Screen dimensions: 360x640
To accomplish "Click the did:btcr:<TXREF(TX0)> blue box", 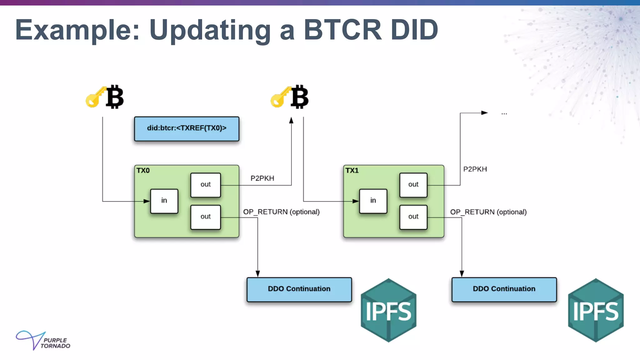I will tap(187, 128).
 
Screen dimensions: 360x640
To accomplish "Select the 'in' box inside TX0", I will tap(164, 201).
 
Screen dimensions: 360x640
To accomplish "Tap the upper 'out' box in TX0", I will tap(205, 185).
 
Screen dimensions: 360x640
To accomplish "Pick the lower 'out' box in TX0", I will tap(205, 217).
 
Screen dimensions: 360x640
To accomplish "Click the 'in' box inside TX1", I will tap(373, 201).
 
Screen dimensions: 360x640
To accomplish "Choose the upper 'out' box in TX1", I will tap(413, 185).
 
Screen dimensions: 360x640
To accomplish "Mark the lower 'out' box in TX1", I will tap(413, 217).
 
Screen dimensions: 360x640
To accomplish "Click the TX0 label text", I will tap(143, 171).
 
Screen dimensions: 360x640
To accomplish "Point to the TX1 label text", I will tap(352, 171).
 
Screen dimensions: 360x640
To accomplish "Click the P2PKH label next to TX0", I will tap(262, 178).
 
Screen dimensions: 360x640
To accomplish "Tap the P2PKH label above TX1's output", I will tap(475, 169).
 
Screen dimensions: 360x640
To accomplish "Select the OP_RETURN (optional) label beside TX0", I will tap(281, 212).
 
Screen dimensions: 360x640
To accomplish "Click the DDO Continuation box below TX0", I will tap(299, 289).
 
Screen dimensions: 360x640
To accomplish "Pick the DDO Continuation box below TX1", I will tap(504, 289).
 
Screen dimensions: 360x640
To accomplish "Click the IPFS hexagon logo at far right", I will tap(596, 310).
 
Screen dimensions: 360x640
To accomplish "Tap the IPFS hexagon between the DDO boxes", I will tap(388, 310).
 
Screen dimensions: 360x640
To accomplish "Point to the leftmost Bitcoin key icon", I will tap(105, 97).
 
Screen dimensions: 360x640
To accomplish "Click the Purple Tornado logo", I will tap(43, 341).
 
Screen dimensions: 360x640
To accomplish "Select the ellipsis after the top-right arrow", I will tap(504, 114).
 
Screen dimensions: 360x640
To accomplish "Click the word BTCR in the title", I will tap(342, 30).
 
